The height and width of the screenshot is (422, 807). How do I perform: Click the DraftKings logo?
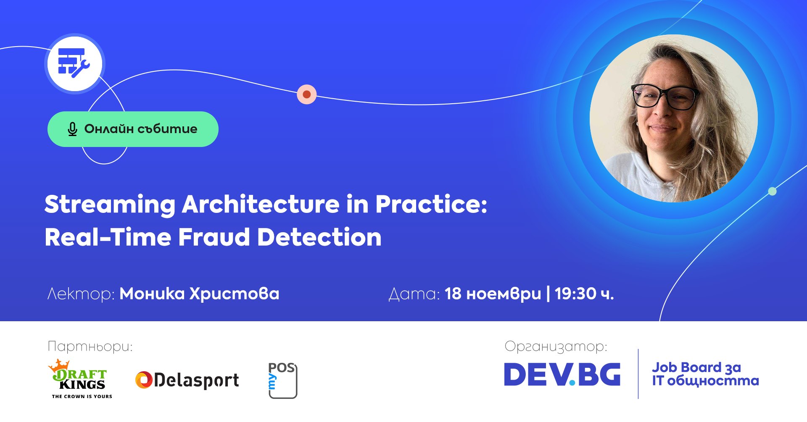(x=80, y=379)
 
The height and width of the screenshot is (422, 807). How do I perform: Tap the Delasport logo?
(x=187, y=380)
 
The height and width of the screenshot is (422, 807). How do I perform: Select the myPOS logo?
(x=283, y=380)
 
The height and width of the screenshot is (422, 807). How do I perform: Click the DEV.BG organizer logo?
(x=562, y=374)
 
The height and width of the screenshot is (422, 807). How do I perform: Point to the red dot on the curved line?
(x=307, y=94)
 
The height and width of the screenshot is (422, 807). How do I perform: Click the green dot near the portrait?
(x=772, y=191)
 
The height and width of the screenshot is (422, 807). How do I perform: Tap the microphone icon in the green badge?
(x=72, y=129)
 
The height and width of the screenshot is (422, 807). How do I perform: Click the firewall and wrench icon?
(x=74, y=63)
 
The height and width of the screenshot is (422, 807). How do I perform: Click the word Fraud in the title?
(x=214, y=237)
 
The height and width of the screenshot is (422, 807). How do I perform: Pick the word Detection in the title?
(x=319, y=237)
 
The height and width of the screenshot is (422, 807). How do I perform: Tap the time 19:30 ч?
(x=584, y=294)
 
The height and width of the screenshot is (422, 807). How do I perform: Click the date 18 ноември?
(x=493, y=294)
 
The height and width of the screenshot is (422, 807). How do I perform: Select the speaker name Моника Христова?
(x=199, y=294)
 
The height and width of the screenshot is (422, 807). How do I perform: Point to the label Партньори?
(x=90, y=347)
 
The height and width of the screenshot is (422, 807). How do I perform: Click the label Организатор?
(x=556, y=347)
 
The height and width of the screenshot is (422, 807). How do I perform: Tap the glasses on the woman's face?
(x=665, y=97)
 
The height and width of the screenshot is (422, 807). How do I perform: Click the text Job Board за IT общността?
(x=705, y=374)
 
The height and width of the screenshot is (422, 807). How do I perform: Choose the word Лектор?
(x=81, y=294)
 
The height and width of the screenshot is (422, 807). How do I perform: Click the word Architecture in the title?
(x=261, y=204)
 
